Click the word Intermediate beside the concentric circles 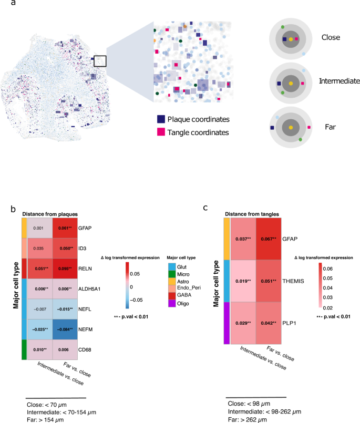(339, 81)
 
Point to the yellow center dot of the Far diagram (291, 128)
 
